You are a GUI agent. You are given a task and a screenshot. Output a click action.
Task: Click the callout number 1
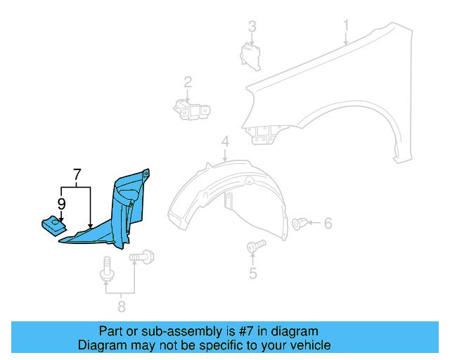(x=346, y=27)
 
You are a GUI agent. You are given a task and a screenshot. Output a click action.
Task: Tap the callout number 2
(x=188, y=83)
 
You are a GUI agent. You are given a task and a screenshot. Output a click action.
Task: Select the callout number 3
(x=252, y=27)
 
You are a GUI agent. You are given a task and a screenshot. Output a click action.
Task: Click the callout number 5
(x=252, y=274)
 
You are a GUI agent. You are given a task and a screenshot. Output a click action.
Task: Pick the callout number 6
(x=328, y=224)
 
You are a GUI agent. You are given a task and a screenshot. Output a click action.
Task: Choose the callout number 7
(x=77, y=173)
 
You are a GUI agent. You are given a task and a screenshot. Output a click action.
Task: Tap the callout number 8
(x=121, y=307)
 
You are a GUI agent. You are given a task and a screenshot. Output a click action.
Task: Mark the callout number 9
(x=61, y=204)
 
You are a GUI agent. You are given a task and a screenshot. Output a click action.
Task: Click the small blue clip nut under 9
(x=53, y=226)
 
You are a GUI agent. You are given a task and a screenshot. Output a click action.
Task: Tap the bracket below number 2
(x=191, y=110)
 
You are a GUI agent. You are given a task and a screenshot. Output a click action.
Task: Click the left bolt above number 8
(x=106, y=271)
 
